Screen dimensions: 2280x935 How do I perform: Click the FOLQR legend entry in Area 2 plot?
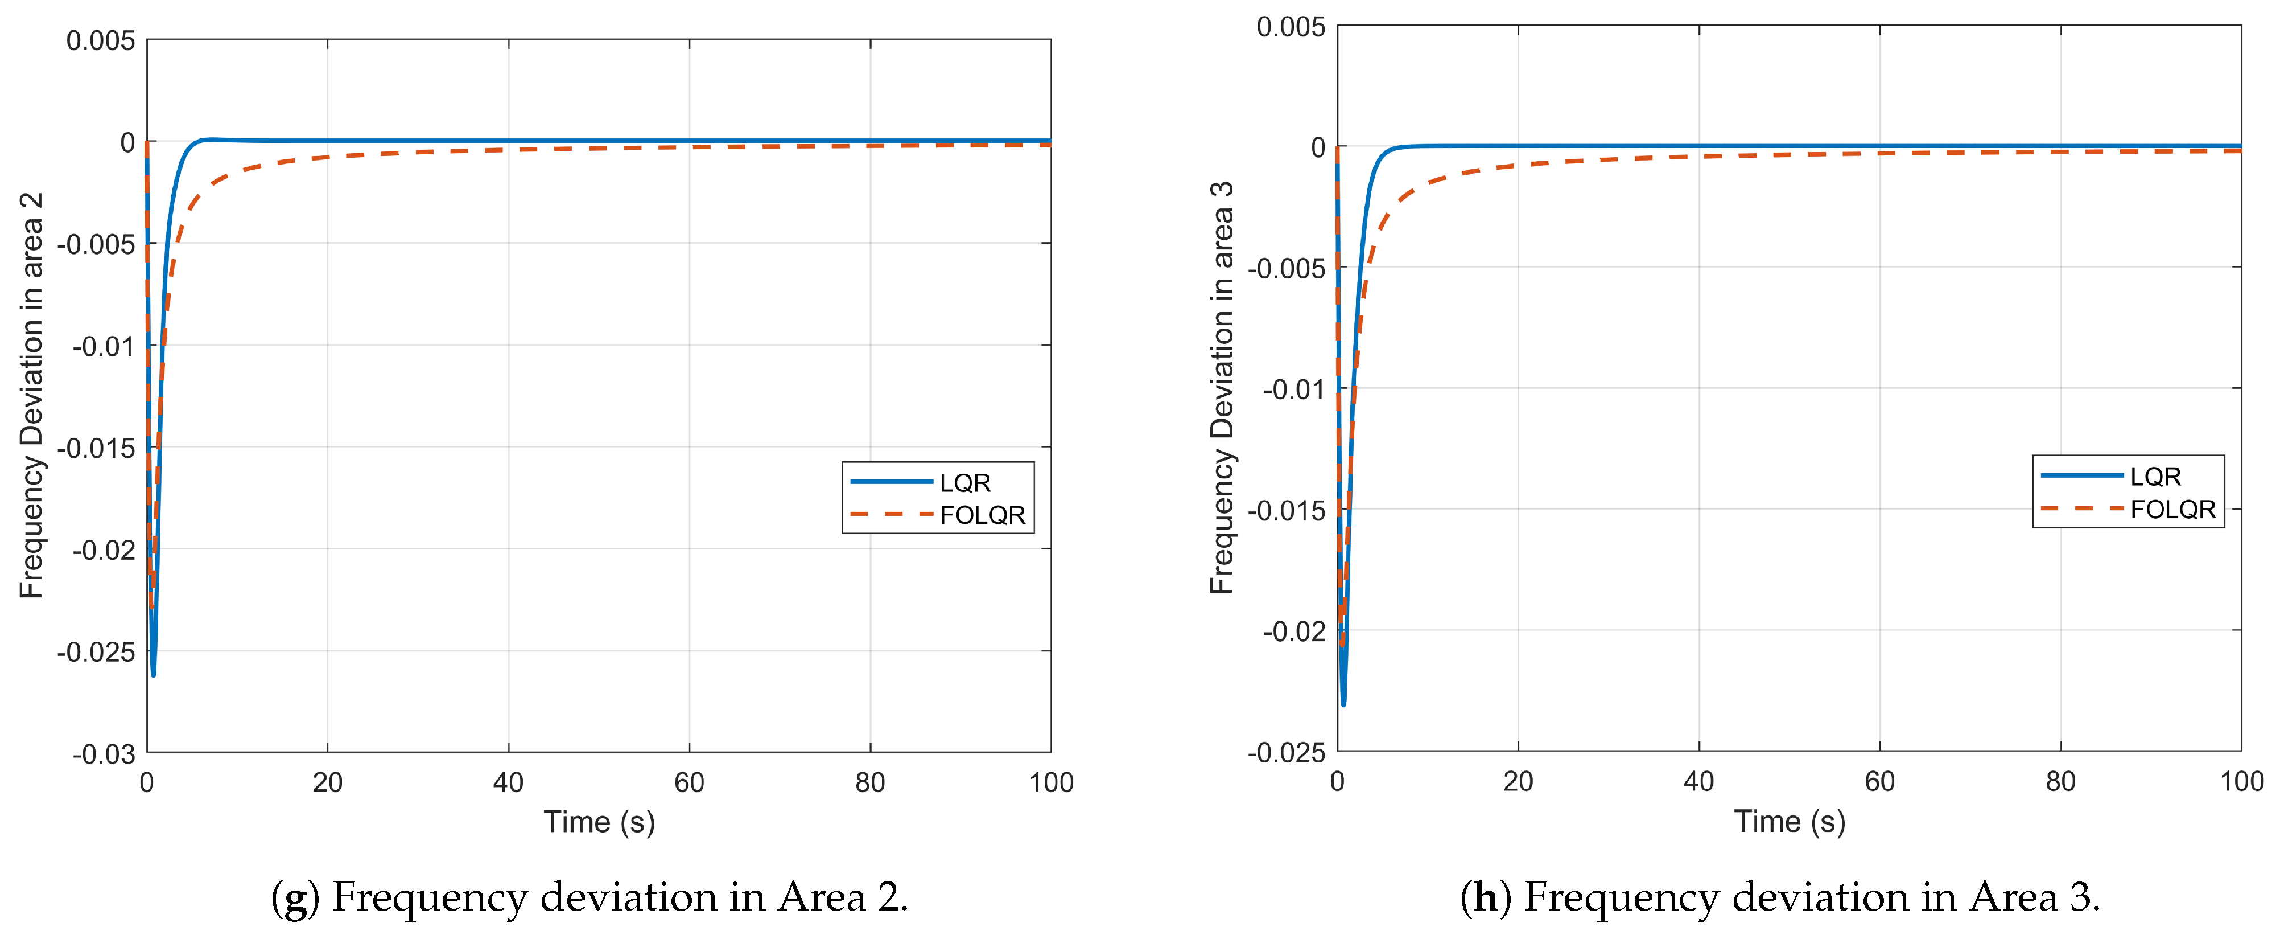981,514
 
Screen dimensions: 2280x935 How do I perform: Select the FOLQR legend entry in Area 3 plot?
2171,509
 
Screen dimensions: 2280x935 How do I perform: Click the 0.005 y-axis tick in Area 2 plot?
101,41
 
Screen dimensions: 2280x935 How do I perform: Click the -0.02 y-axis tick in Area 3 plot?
1293,631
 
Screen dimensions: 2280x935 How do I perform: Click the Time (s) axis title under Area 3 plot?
1789,822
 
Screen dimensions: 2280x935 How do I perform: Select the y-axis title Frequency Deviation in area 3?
1222,388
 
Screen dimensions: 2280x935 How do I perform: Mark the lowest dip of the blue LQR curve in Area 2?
153,675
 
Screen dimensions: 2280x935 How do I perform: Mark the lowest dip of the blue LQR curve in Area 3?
1343,704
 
